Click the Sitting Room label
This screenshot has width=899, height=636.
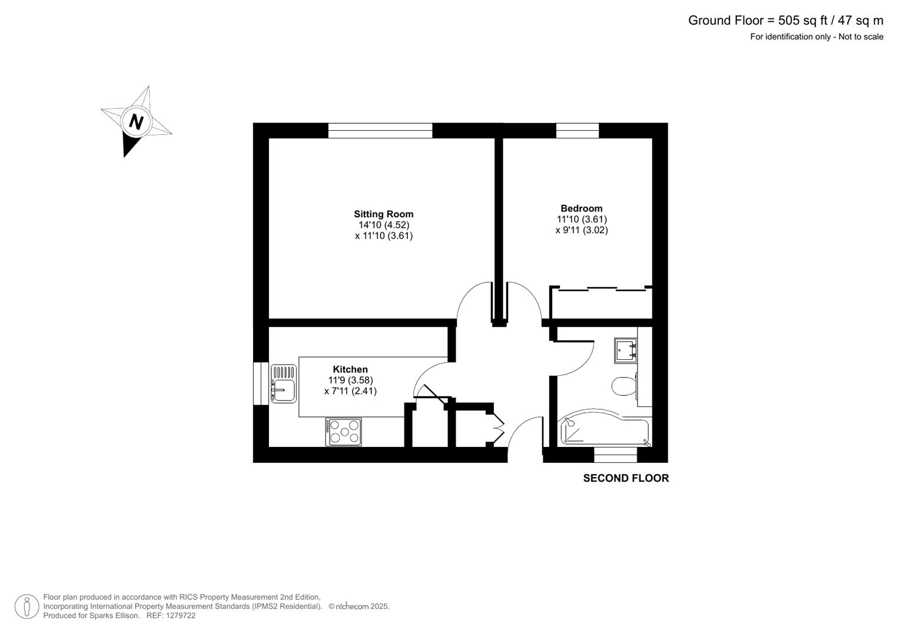pyautogui.click(x=383, y=214)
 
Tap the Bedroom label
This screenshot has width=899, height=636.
pyautogui.click(x=581, y=208)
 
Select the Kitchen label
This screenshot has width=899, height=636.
pyautogui.click(x=350, y=370)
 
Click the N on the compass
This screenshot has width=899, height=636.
pyautogui.click(x=136, y=122)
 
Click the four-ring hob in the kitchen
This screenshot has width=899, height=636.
pyautogui.click(x=343, y=432)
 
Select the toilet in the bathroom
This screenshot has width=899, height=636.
pyautogui.click(x=623, y=386)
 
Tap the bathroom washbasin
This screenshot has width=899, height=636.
pyautogui.click(x=625, y=350)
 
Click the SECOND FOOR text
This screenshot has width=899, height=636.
pyautogui.click(x=626, y=478)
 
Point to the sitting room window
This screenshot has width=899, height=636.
pyautogui.click(x=380, y=130)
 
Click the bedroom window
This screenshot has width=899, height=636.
pyautogui.click(x=577, y=130)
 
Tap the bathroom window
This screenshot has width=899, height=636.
pyautogui.click(x=615, y=455)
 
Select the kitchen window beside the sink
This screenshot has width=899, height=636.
pyautogui.click(x=260, y=383)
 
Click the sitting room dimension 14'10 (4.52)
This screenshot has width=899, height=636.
pyautogui.click(x=384, y=225)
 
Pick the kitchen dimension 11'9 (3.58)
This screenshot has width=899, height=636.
pyautogui.click(x=350, y=380)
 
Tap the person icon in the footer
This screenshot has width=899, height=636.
pyautogui.click(x=27, y=607)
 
